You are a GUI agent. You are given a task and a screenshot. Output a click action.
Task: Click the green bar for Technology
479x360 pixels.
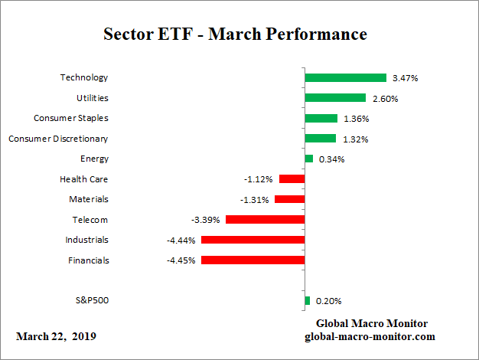(345, 77)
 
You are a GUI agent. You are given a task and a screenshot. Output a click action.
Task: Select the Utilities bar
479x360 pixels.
(335, 98)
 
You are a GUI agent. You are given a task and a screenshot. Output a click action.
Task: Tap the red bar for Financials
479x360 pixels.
(253, 260)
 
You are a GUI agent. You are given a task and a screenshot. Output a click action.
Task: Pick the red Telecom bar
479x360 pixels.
(265, 220)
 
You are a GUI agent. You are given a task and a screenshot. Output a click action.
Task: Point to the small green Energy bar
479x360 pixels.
(308, 159)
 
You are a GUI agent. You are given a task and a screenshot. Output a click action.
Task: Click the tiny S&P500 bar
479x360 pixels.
(307, 301)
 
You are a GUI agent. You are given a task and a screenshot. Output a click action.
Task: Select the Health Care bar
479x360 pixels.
(292, 179)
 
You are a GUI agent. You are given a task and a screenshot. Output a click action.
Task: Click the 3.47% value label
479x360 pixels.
(406, 78)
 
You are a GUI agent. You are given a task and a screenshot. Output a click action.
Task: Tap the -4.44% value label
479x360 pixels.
(181, 240)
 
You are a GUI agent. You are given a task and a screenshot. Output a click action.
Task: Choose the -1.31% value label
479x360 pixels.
(255, 199)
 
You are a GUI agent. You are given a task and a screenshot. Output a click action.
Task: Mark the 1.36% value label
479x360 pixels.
(357, 119)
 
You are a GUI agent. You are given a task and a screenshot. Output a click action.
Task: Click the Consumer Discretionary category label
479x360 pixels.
(58, 139)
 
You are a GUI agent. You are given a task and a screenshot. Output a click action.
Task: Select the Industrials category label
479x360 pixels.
(87, 240)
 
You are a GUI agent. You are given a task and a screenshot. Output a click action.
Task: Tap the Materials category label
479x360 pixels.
(88, 199)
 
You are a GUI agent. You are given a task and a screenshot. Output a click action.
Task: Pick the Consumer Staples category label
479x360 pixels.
(71, 118)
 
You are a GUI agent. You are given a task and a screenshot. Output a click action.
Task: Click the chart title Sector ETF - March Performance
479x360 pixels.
(235, 35)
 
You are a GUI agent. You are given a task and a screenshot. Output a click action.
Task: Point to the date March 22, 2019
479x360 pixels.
(57, 337)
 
